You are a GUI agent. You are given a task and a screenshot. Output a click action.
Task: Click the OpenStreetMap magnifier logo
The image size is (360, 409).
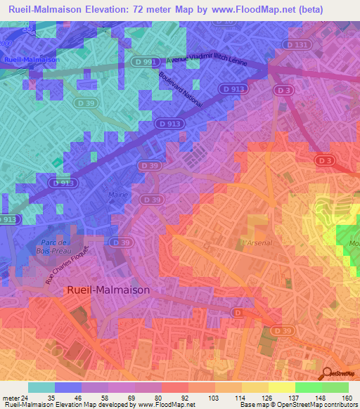328,372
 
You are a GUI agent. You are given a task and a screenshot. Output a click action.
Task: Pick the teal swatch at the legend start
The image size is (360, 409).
41,387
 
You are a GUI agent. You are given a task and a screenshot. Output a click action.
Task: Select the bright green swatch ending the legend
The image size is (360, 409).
335,387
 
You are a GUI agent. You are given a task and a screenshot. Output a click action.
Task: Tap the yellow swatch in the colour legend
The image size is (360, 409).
281,387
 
